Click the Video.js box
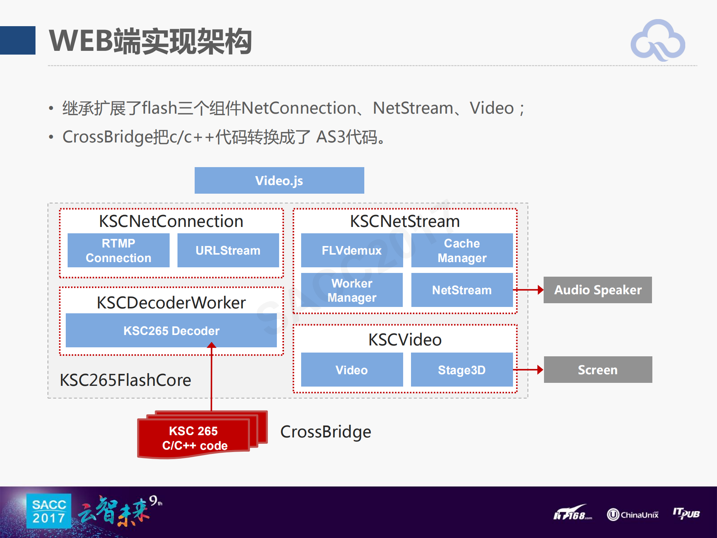click(279, 181)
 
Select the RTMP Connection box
click(118, 250)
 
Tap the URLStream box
click(228, 250)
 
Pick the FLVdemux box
click(352, 250)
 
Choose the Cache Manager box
click(462, 250)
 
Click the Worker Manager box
click(352, 290)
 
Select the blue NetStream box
click(462, 290)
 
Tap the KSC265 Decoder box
click(171, 331)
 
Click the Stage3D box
click(462, 370)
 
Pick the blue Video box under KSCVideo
click(352, 370)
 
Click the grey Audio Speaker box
click(597, 290)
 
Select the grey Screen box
click(598, 370)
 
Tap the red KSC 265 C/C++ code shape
click(194, 438)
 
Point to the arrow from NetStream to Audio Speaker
click(529, 290)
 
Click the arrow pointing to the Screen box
click(529, 370)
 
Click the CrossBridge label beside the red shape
click(325, 432)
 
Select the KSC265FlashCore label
click(125, 380)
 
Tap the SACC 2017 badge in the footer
click(49, 511)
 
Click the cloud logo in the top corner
click(658, 40)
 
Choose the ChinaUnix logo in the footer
click(633, 515)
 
